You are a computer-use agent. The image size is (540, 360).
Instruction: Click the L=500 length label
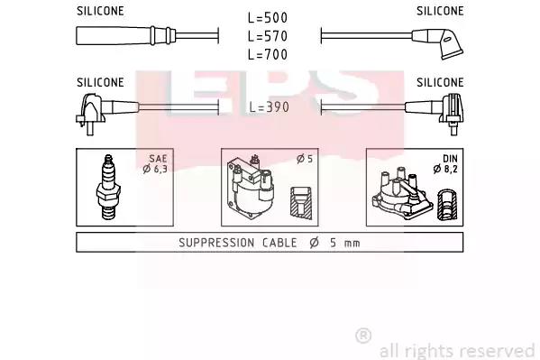(268, 18)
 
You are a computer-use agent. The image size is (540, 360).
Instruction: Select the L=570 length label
(268, 36)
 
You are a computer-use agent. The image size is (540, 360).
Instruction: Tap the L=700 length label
(268, 54)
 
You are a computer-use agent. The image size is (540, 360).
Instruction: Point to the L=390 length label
(270, 107)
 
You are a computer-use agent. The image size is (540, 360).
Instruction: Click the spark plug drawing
(108, 188)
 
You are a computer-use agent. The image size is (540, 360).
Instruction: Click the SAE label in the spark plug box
(158, 159)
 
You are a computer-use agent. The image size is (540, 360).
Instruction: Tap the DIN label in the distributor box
(450, 159)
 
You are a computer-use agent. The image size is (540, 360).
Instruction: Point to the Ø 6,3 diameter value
(155, 169)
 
